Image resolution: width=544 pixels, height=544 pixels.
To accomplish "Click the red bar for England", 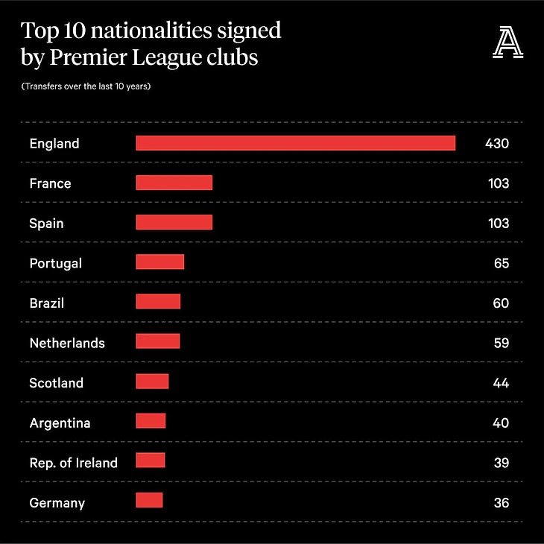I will pos(295,143).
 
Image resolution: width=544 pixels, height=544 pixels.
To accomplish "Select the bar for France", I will pos(174,183).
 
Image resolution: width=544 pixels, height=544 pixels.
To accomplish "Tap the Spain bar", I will pos(174,223).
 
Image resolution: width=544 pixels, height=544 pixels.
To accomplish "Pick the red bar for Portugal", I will pos(159,262).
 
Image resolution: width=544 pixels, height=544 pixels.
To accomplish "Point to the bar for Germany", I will pos(149,502).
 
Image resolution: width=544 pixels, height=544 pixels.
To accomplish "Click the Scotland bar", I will pos(152,382).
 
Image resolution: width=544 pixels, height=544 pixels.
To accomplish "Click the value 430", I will pos(496,143).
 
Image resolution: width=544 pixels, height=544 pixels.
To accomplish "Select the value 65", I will pos(501,263).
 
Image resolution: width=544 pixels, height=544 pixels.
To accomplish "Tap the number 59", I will pos(501,343).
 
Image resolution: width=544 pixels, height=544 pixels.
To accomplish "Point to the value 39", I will pos(501,463).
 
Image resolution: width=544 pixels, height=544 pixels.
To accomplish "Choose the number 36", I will pos(501,503).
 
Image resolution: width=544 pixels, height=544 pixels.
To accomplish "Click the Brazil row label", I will pos(47,303).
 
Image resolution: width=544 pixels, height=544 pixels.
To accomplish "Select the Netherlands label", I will pos(67,344).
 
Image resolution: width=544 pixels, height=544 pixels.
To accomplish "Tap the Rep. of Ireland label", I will pos(74,463).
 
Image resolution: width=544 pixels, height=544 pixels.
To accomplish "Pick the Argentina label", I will pos(60,423).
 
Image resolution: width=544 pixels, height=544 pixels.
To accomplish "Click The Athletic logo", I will pos(508,42).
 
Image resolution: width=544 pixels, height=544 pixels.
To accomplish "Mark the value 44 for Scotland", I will pos(501,383).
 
